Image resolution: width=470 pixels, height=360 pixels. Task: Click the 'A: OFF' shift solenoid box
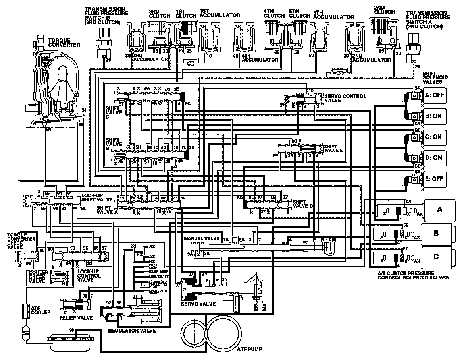(434, 95)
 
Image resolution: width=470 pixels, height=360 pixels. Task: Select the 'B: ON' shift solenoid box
(434, 116)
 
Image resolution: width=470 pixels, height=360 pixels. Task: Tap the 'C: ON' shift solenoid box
(434, 137)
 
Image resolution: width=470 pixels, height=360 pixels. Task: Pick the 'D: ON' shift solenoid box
(434, 158)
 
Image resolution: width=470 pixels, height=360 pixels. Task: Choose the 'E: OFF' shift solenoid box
(434, 179)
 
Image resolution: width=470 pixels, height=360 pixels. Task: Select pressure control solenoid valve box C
(436, 256)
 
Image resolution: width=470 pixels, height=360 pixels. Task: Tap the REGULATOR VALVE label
(131, 330)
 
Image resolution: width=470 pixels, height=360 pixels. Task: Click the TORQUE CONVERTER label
(64, 43)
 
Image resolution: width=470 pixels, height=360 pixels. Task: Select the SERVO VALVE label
(198, 304)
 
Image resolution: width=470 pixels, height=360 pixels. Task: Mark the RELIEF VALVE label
(76, 318)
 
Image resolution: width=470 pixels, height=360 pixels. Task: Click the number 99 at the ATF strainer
(71, 330)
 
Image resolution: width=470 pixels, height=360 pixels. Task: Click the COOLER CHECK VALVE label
(39, 277)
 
